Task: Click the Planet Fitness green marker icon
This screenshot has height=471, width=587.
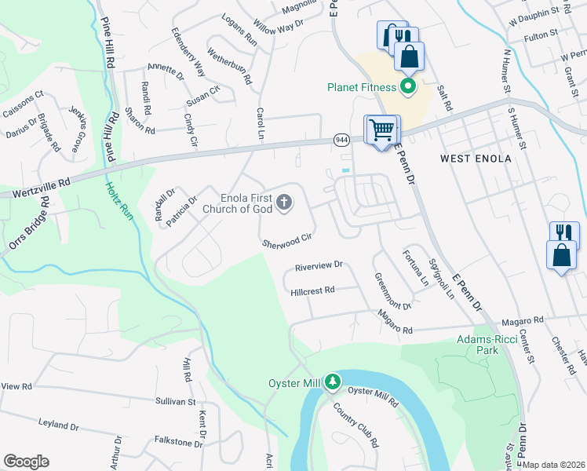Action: (x=407, y=86)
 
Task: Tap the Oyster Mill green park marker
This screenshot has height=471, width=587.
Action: (x=334, y=382)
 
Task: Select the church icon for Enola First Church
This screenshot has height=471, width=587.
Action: (x=283, y=204)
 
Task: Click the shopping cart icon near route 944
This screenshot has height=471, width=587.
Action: (x=381, y=129)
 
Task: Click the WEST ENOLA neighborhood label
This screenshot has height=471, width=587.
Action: (x=476, y=159)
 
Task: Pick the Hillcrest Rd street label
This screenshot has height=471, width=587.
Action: (x=312, y=290)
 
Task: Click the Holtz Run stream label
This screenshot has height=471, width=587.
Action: (x=120, y=202)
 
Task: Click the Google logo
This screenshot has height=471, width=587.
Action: (x=26, y=462)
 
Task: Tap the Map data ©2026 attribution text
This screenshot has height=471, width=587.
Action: (x=554, y=465)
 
